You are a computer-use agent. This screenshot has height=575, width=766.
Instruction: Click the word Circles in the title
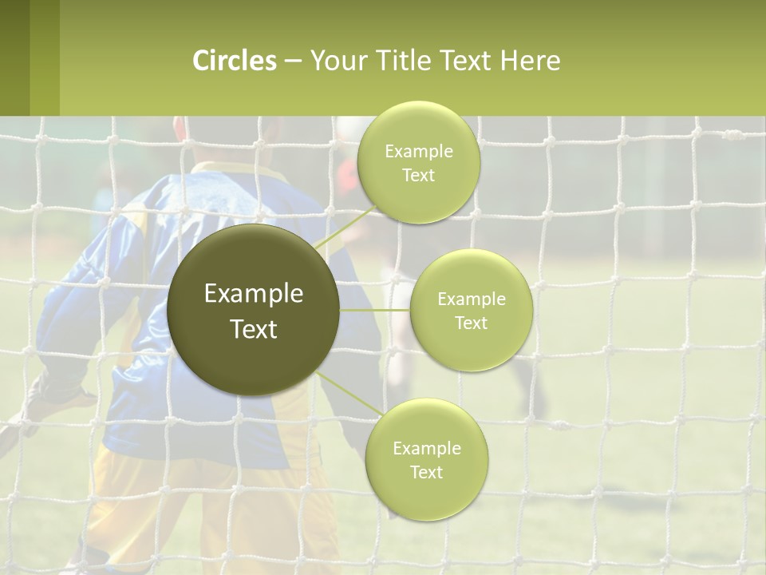(235, 61)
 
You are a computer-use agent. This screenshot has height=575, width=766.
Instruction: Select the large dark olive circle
(253, 310)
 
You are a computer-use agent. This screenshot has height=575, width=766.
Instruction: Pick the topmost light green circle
(418, 162)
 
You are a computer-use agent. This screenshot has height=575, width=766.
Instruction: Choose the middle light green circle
(471, 310)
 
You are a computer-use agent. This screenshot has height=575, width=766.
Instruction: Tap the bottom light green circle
(426, 459)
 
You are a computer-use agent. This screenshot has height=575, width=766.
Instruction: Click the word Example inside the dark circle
(254, 294)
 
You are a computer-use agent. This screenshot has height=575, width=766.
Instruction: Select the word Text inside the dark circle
(254, 329)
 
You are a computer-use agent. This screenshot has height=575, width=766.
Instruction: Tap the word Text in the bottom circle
(426, 472)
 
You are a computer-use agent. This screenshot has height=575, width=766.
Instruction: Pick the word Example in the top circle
(418, 151)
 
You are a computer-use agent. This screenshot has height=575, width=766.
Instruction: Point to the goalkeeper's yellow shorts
(199, 511)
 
